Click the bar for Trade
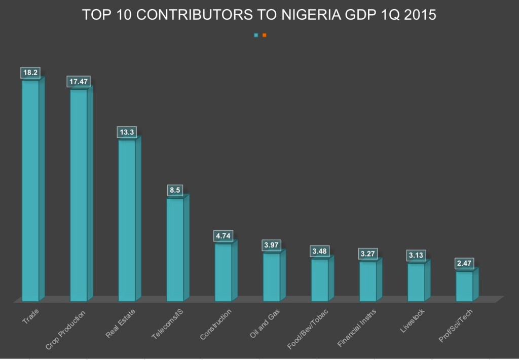click(30, 190)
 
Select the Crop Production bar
click(79, 195)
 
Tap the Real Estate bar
click(127, 221)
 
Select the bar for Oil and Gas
click(272, 277)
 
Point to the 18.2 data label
click(30, 73)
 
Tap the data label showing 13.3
click(126, 132)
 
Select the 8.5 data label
click(175, 191)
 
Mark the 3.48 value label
click(319, 251)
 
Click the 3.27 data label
click(368, 254)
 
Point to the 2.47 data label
click(464, 264)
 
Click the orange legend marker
click(264, 35)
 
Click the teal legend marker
click(256, 35)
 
